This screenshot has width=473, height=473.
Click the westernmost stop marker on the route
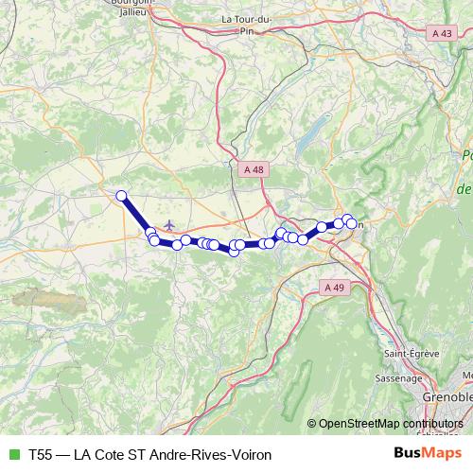pyautogui.click(x=121, y=196)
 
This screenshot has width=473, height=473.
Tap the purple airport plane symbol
pyautogui.click(x=169, y=225)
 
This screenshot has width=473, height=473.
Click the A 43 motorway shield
pyautogui.click(x=441, y=33)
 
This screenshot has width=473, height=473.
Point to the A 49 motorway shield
pyautogui.click(x=333, y=287)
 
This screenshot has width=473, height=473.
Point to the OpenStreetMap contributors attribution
pyautogui.click(x=391, y=424)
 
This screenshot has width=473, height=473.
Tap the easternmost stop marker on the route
pyautogui.click(x=352, y=223)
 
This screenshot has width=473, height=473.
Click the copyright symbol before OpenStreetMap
pyautogui.click(x=311, y=424)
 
